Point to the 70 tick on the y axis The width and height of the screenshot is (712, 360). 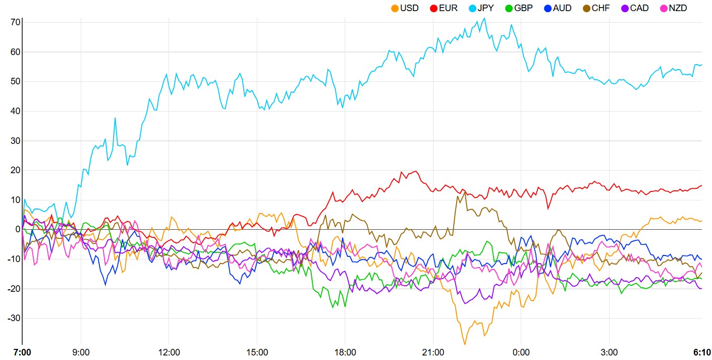pyautogui.click(x=14, y=22)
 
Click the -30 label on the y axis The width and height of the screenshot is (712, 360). pyautogui.click(x=12, y=318)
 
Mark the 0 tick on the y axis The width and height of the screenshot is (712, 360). pyautogui.click(x=17, y=229)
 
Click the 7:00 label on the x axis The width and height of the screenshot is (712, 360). pyautogui.click(x=22, y=352)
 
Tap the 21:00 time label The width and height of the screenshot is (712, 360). pyautogui.click(x=433, y=352)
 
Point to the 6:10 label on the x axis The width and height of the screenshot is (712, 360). pyautogui.click(x=701, y=352)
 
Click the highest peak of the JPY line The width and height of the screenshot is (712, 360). pyautogui.click(x=484, y=19)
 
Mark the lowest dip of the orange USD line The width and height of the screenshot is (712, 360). pyautogui.click(x=464, y=344)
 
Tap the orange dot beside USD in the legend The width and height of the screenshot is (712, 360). pyautogui.click(x=395, y=8)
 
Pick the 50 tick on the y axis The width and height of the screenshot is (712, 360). pyautogui.click(x=14, y=81)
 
